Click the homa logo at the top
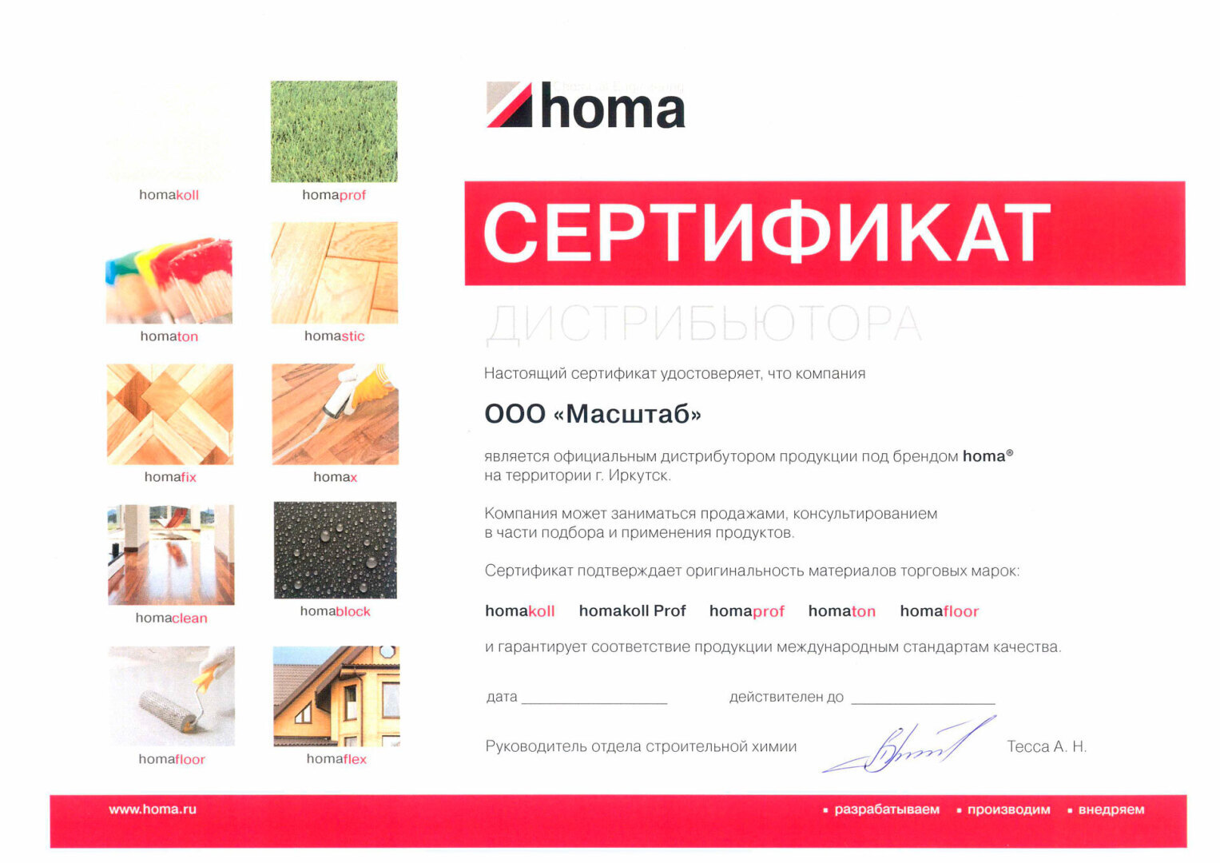[586, 105]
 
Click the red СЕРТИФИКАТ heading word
[766, 233]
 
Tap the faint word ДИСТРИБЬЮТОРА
[703, 324]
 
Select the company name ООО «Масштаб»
[593, 414]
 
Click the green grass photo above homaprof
[333, 131]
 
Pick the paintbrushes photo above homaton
[169, 280]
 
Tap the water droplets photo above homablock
[335, 550]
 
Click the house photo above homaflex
[336, 696]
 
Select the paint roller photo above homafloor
[172, 696]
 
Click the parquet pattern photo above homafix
[170, 414]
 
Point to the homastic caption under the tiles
[334, 336]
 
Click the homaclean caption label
[171, 618]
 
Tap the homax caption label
[335, 477]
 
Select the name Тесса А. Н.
[1046, 747]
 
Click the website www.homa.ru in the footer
[153, 809]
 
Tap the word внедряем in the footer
[1111, 809]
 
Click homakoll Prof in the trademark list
[632, 611]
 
